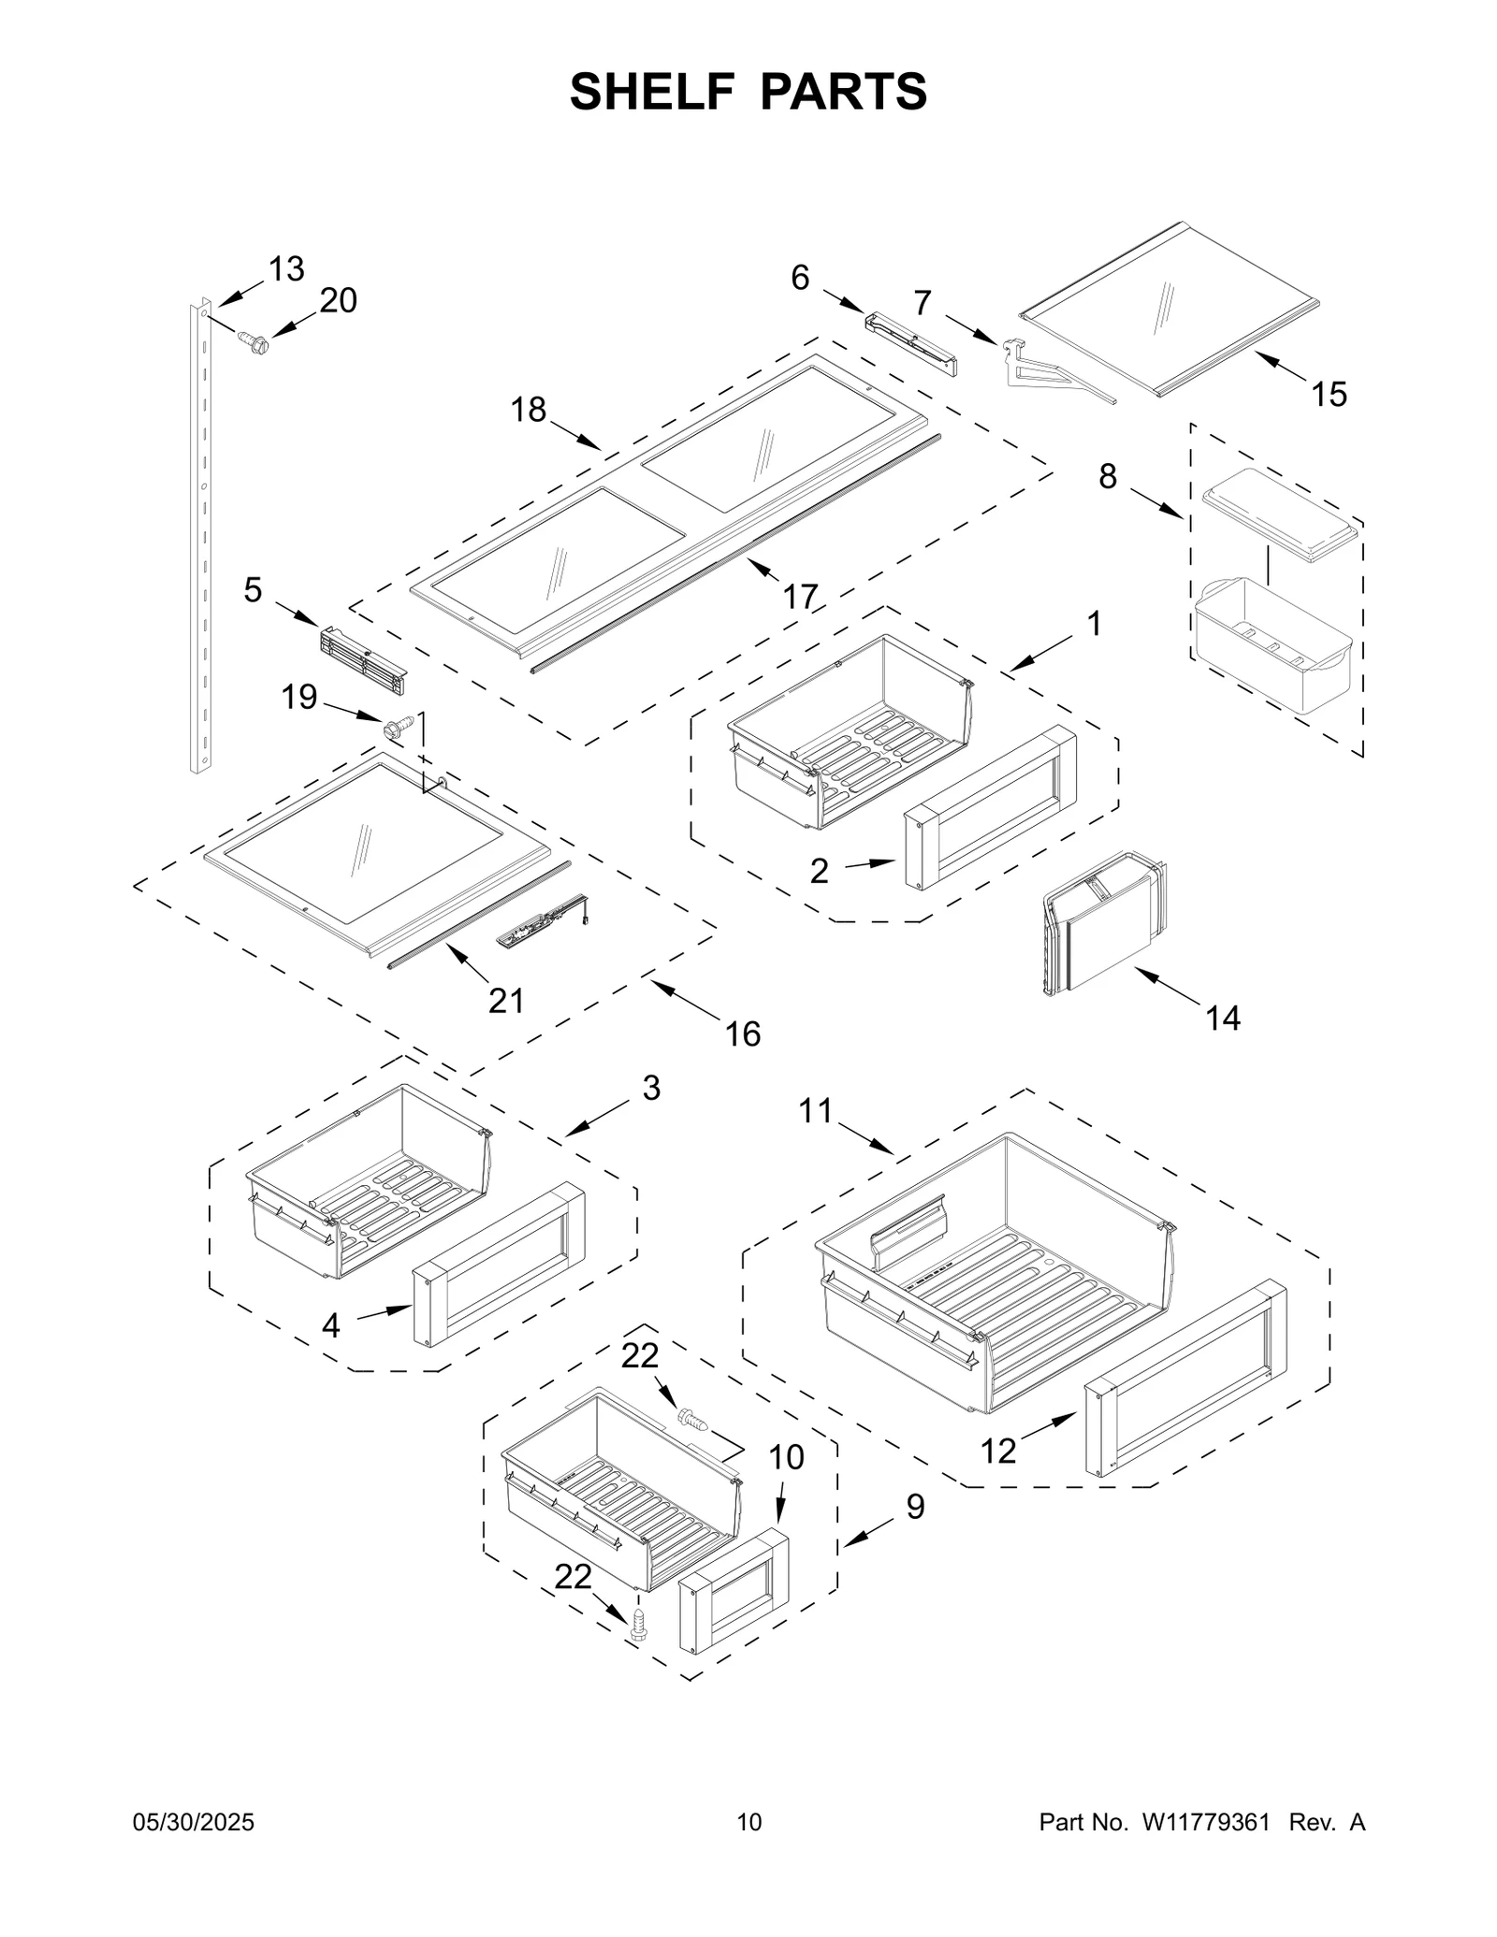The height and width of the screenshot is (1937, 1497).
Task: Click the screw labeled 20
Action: (x=253, y=342)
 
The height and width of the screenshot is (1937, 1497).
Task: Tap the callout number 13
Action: (x=286, y=269)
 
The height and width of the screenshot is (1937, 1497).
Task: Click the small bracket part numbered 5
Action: (x=363, y=660)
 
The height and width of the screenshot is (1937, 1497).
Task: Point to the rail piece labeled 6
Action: (x=910, y=343)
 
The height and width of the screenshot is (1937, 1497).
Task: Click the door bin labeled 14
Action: (x=1104, y=926)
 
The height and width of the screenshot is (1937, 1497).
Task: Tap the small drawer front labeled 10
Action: (x=733, y=1590)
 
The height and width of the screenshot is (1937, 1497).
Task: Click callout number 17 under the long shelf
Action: (x=800, y=596)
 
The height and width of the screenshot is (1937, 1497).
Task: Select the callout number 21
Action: (x=506, y=1001)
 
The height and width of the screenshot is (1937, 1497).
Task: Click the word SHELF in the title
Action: (x=651, y=92)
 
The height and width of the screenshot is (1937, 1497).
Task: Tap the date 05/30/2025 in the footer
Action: (x=195, y=1822)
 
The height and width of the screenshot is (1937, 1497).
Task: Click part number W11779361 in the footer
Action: (x=1205, y=1822)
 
